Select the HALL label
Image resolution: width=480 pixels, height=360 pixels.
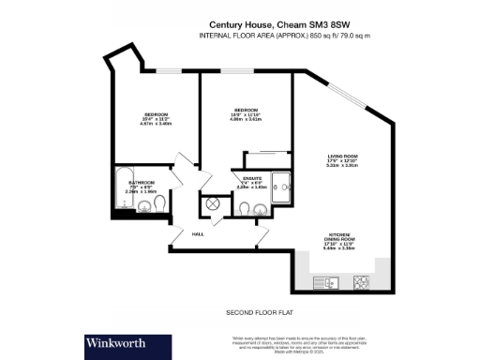198,233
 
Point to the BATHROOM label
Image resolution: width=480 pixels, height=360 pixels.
142,182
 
